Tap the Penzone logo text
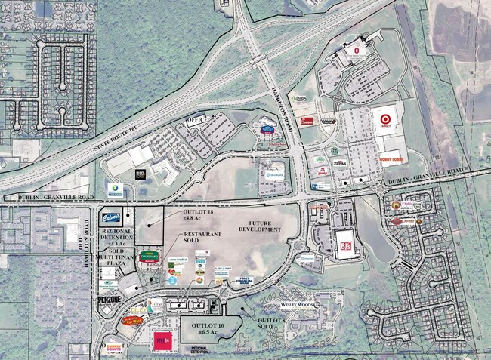tap(110, 300)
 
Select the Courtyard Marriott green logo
tap(150, 254)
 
